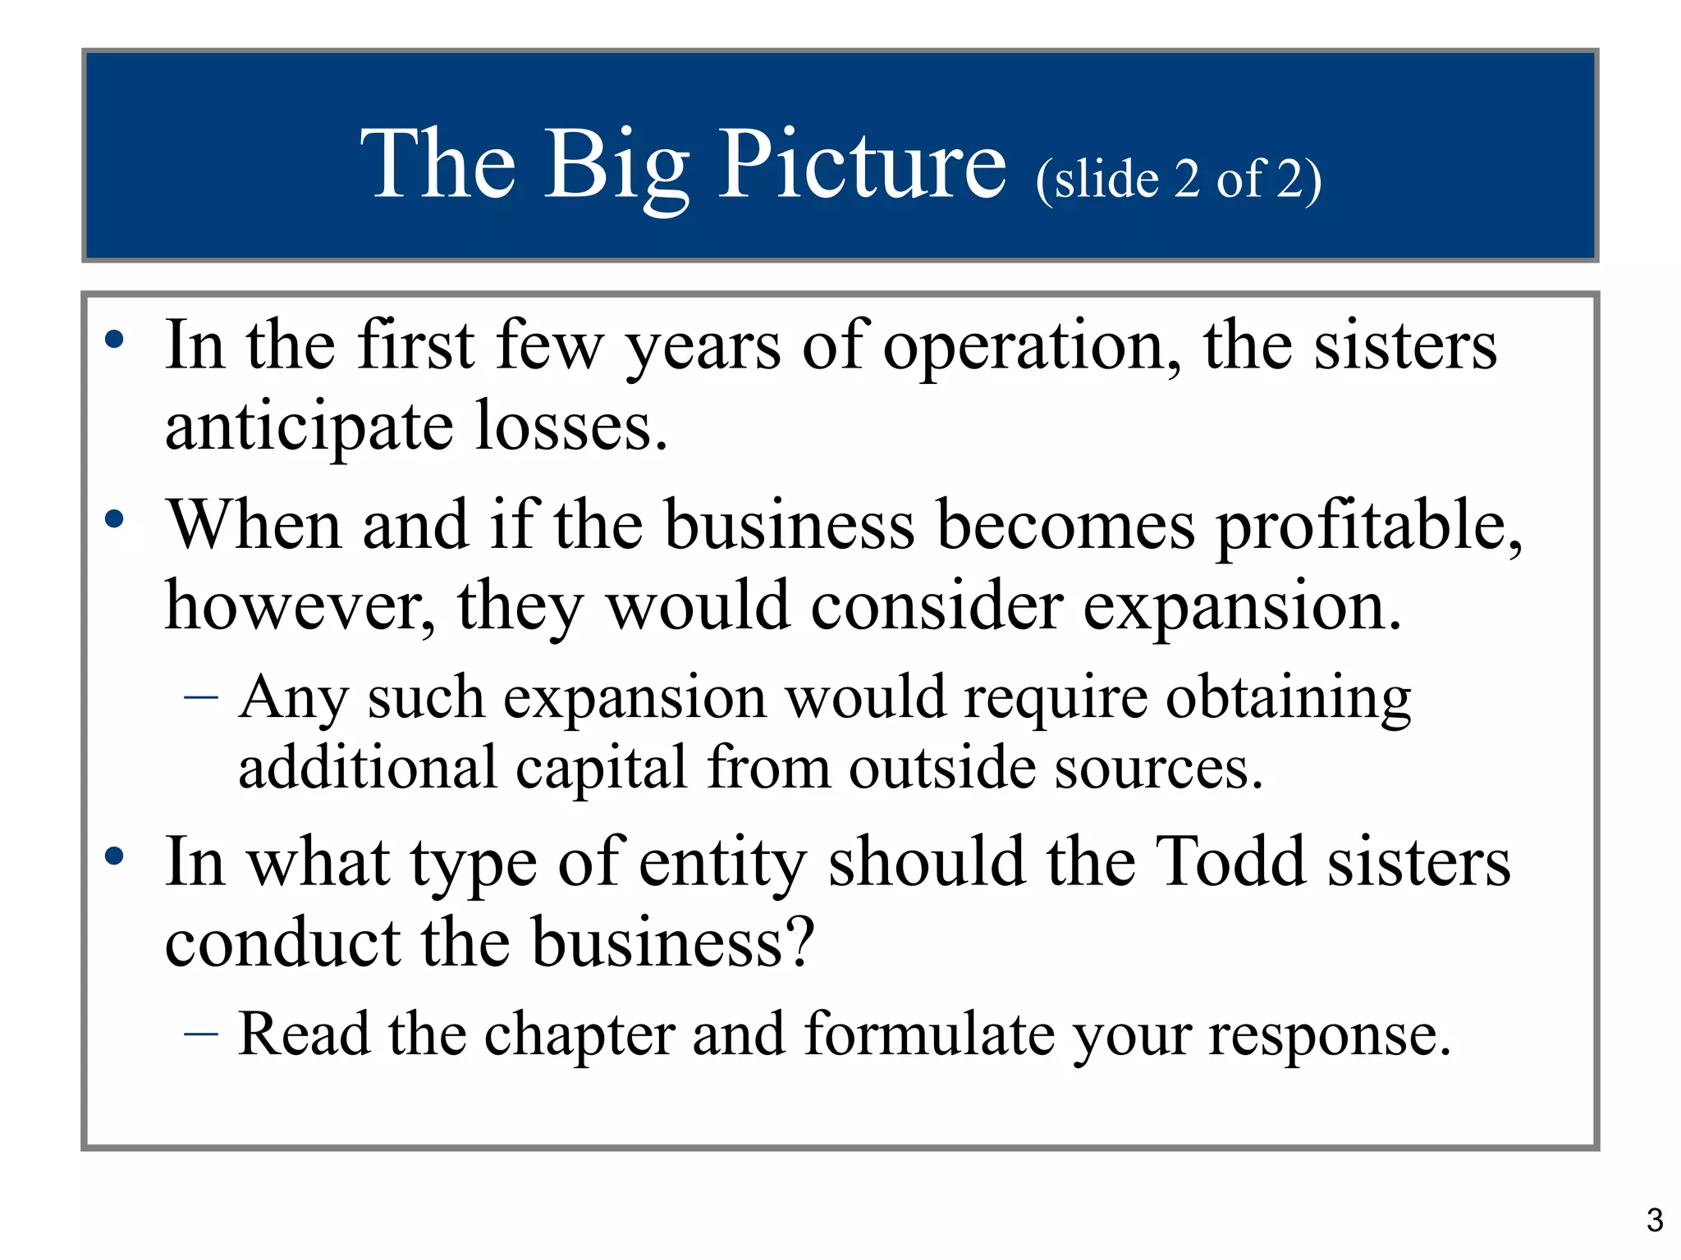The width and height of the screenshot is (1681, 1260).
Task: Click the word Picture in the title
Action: point(862,164)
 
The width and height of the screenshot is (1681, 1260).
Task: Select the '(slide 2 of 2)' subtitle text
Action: point(1178,179)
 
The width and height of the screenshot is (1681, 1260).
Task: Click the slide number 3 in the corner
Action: point(1655,1221)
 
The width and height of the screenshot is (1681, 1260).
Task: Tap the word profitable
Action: point(1369,527)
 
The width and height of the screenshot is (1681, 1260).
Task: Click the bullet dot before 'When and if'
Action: point(114,518)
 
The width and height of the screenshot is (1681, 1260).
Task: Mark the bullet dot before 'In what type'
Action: point(114,856)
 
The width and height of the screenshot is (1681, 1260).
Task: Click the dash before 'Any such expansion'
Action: point(201,698)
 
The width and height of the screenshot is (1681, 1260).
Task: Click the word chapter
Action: point(579,1035)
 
